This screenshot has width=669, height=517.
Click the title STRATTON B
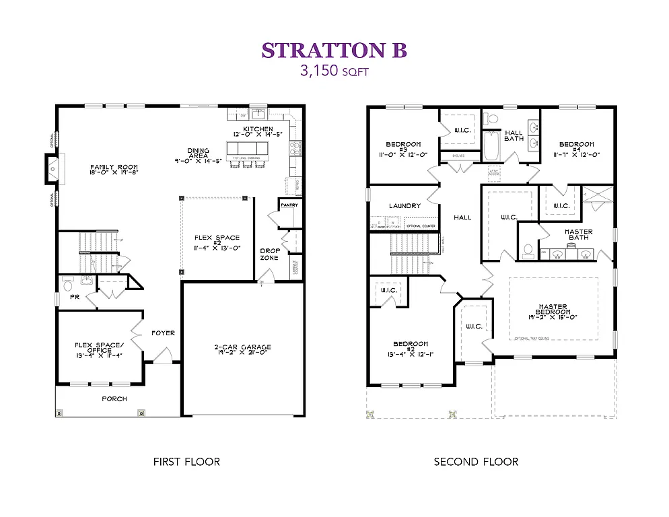tap(334, 50)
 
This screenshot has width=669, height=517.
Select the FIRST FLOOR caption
tap(186, 462)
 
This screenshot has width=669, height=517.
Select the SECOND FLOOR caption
tap(476, 462)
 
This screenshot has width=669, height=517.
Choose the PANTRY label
tap(289, 205)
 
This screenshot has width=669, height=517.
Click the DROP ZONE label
tap(270, 254)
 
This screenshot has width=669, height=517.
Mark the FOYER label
tap(163, 333)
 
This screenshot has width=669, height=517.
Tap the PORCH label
tap(114, 399)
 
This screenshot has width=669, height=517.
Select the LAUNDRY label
tap(404, 206)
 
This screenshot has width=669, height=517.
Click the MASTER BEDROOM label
tap(554, 312)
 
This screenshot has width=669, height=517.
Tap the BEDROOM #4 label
tap(577, 148)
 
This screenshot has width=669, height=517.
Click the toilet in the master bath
tap(528, 250)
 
